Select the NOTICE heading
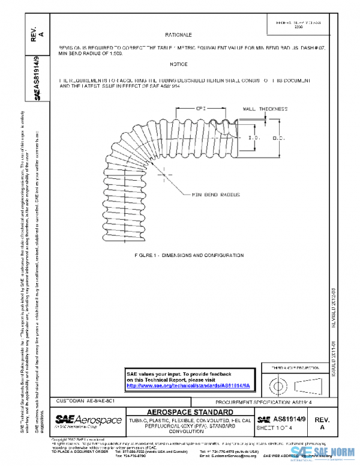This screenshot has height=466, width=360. click(178, 64)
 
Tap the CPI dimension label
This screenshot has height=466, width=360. click(202, 108)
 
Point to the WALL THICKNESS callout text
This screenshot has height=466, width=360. click(265, 109)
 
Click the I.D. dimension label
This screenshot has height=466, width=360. click(254, 138)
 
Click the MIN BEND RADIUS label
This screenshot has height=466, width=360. click(215, 195)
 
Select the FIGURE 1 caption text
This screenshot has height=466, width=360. click(189, 255)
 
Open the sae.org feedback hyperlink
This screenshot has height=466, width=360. click(192, 386)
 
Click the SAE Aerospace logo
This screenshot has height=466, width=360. click(89, 419)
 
